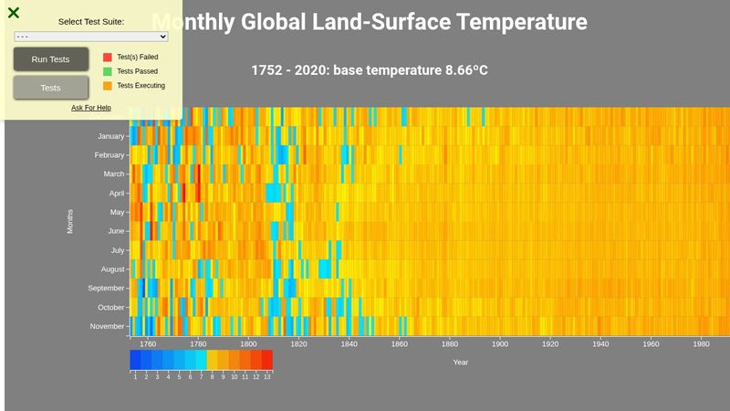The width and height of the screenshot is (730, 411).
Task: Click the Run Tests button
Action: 50,59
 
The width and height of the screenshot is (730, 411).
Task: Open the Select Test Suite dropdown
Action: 91,37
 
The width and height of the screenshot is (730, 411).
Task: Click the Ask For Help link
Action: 91,108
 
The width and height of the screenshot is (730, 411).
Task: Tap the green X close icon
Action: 14,13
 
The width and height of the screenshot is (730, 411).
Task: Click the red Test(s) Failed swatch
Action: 108,57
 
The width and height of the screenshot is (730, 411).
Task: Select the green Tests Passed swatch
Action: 108,71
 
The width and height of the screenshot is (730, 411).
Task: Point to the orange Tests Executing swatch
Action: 108,86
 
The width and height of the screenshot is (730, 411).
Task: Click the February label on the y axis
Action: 109,155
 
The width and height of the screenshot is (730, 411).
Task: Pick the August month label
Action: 112,269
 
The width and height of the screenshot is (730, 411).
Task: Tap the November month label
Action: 108,326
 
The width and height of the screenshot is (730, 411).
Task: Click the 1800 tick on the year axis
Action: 248,344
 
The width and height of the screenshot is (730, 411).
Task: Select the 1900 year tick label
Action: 500,344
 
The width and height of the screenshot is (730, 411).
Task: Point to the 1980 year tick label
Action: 701,344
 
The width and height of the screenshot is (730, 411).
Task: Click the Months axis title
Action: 70,220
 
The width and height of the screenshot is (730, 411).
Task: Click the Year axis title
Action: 461,363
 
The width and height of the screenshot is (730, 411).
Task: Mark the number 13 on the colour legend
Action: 267,376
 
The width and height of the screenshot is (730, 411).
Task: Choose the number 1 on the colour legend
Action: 135,376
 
